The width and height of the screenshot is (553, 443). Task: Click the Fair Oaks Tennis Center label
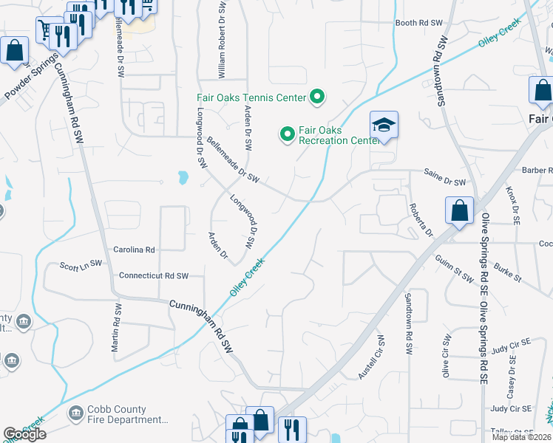point(251,97)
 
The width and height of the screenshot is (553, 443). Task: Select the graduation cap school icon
point(384,124)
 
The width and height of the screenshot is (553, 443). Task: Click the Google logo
point(24,434)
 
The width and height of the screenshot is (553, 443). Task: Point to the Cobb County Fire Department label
point(127,415)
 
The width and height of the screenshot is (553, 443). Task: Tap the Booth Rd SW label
point(418,23)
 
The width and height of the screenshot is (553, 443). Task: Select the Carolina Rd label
point(134,250)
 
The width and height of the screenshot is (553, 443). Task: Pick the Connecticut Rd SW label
point(154,275)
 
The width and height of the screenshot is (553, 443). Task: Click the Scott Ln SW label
point(81,264)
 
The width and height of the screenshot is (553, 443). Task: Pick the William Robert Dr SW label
point(221,39)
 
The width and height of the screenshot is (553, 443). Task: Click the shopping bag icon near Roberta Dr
point(459,210)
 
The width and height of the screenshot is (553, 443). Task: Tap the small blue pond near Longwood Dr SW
point(182,178)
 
